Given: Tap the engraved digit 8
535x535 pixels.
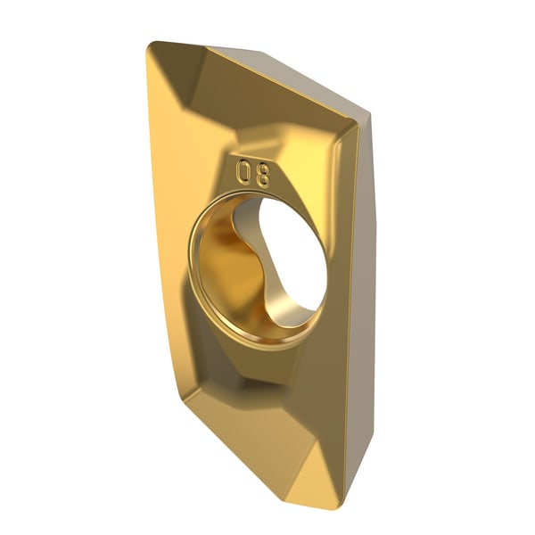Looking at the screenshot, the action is pos(263,176).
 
